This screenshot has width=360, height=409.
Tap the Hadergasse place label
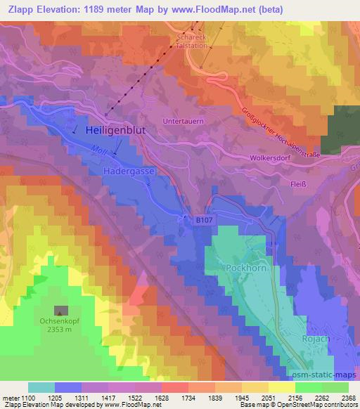(129, 171)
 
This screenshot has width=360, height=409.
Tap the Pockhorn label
(245, 268)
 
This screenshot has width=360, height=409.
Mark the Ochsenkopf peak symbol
(61, 311)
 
